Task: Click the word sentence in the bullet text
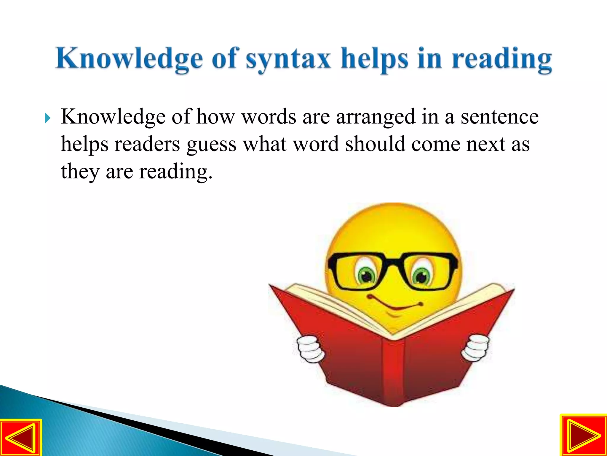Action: coord(499,117)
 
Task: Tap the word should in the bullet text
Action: coord(375,144)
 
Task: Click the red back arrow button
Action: coord(21,437)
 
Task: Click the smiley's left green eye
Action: coord(367,275)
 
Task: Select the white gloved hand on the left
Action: coord(310,349)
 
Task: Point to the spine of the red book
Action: coord(393,371)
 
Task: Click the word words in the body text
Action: coord(269,117)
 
